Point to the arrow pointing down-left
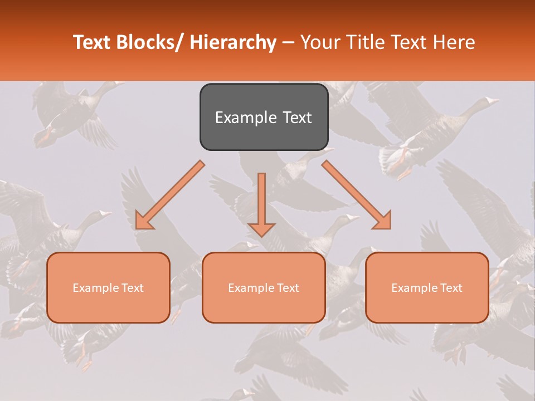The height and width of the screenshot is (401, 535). tap(170, 195)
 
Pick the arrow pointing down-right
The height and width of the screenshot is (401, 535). tap(357, 195)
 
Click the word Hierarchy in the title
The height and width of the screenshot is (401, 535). tap(233, 42)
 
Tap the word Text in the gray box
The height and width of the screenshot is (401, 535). tap(297, 118)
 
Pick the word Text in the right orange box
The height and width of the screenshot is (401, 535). tap(451, 288)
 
